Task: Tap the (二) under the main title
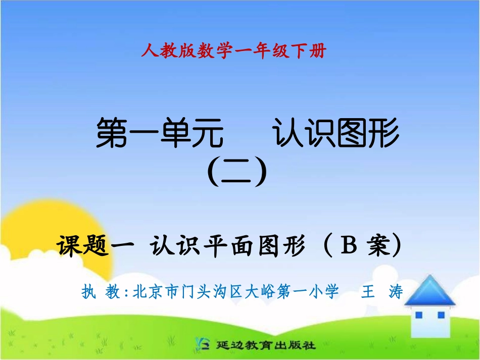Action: [237, 172]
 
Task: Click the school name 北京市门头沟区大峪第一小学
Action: [235, 292]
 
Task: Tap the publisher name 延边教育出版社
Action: [265, 346]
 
